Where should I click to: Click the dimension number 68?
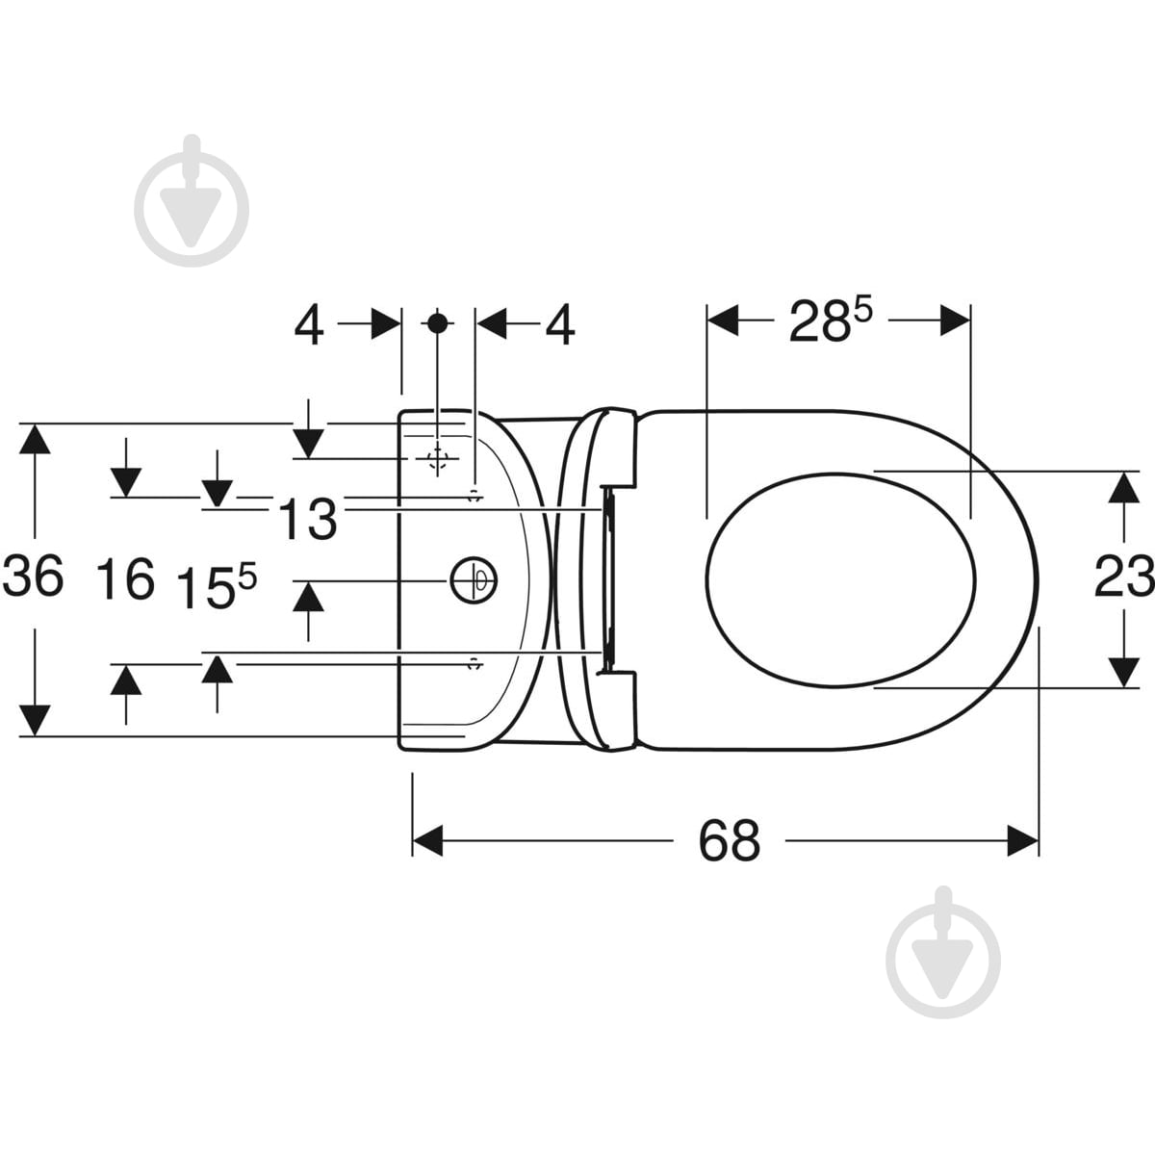[729, 840]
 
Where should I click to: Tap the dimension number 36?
[33, 576]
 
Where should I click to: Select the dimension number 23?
[1124, 577]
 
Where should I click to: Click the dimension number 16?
[125, 578]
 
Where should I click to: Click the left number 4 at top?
[309, 326]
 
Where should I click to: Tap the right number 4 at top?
[560, 326]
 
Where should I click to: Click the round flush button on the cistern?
[474, 580]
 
